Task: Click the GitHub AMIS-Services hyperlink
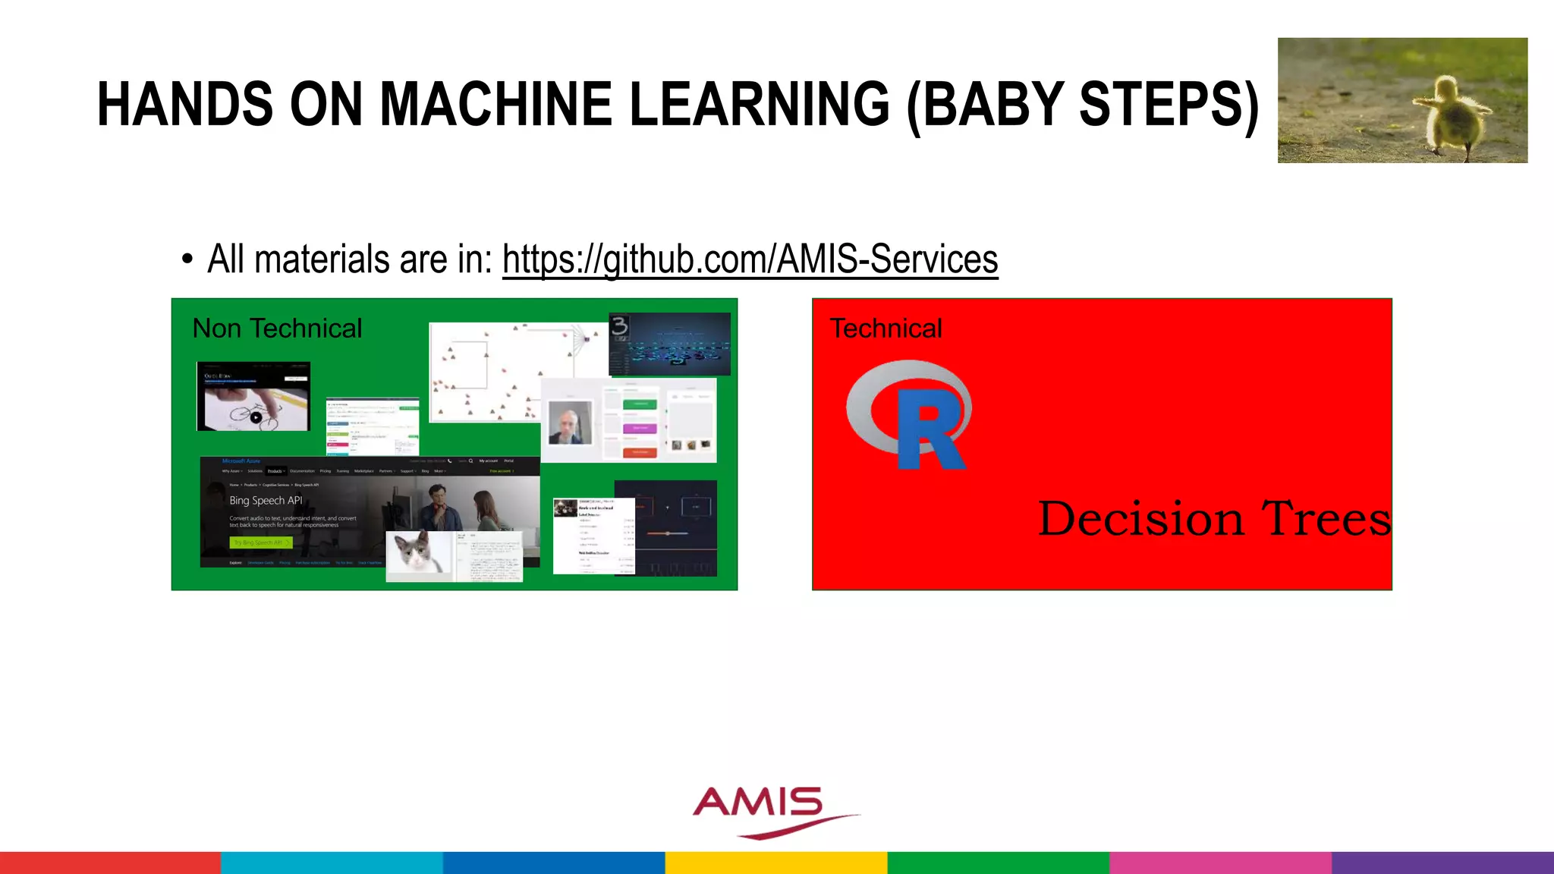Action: click(750, 259)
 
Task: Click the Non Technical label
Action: click(277, 329)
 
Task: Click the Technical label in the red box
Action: click(886, 329)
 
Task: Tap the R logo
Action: click(911, 416)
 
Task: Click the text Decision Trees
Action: click(1214, 519)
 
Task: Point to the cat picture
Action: click(418, 552)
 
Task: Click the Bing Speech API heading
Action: click(266, 501)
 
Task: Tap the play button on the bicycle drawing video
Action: click(256, 417)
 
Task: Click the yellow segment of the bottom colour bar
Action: click(775, 863)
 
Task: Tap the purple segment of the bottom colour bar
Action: click(1442, 863)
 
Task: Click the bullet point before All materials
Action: click(187, 260)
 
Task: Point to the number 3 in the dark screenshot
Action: click(619, 327)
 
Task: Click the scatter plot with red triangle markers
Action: click(501, 372)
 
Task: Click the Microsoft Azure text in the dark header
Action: click(241, 461)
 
